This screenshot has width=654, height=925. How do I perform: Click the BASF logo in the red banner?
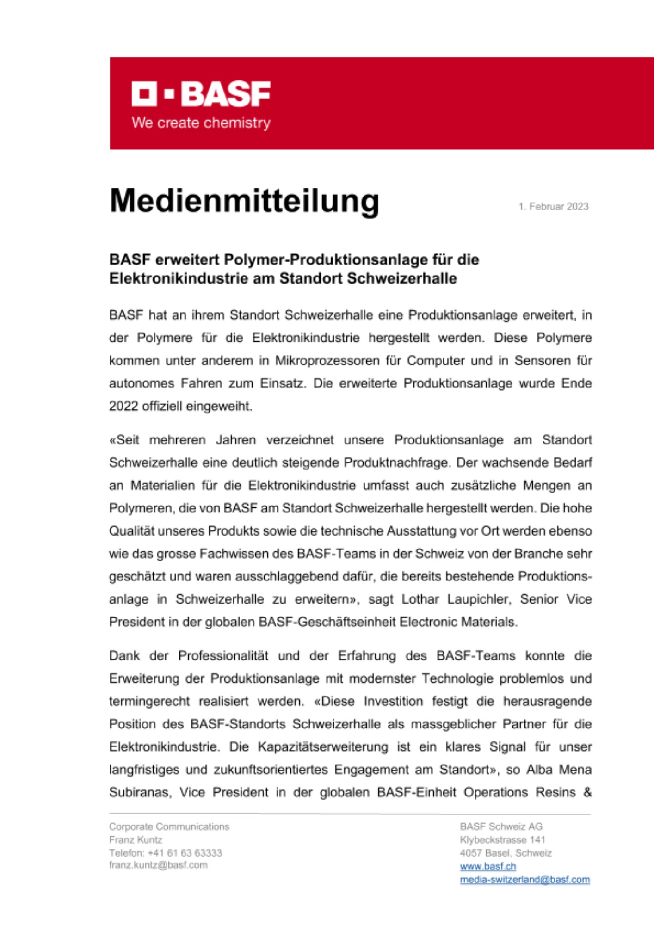201,94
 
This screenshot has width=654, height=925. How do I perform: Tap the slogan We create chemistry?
201,123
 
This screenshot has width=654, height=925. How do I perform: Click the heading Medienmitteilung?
244,201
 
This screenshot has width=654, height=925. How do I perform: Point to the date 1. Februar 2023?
553,207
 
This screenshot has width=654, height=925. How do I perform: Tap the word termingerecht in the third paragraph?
149,701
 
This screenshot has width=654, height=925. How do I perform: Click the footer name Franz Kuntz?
136,839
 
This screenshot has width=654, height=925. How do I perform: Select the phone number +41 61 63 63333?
185,852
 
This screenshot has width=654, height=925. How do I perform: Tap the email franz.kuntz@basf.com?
158,865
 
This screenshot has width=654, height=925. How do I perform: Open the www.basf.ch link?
487,866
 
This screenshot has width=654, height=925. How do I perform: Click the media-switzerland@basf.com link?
524,879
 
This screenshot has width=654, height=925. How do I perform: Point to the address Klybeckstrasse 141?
502,839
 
